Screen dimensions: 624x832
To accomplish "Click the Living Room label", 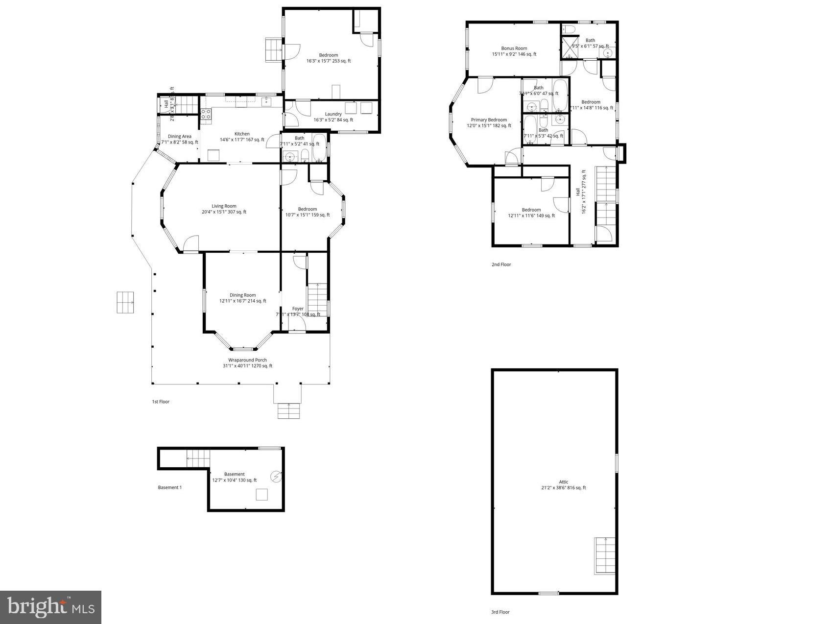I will [x=224, y=206].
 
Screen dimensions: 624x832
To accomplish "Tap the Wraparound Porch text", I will [x=247, y=360].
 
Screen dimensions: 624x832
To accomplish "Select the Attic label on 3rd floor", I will [x=564, y=482].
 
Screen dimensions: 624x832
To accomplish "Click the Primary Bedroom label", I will [x=489, y=120].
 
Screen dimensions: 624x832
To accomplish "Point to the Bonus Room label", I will [x=514, y=48].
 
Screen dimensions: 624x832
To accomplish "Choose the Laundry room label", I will [x=333, y=114].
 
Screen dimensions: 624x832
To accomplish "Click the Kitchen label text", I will [x=242, y=134].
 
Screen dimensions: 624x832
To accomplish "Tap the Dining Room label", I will [x=243, y=295].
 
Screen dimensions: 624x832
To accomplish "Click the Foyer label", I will [x=298, y=309].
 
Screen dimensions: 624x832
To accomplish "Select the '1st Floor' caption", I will [x=161, y=402].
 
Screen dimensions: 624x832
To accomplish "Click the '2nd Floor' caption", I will [x=501, y=264].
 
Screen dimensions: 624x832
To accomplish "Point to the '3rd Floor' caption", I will [x=500, y=612].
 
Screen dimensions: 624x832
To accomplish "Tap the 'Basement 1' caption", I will [x=170, y=487].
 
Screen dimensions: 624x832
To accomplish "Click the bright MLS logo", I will [x=51, y=607].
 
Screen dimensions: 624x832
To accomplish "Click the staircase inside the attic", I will [x=605, y=555].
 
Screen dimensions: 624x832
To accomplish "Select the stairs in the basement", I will [x=198, y=459].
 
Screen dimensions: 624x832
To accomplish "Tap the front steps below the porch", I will [x=288, y=410].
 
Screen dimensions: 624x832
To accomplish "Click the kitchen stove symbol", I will [x=206, y=114].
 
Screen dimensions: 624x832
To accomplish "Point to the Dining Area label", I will [x=180, y=137].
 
